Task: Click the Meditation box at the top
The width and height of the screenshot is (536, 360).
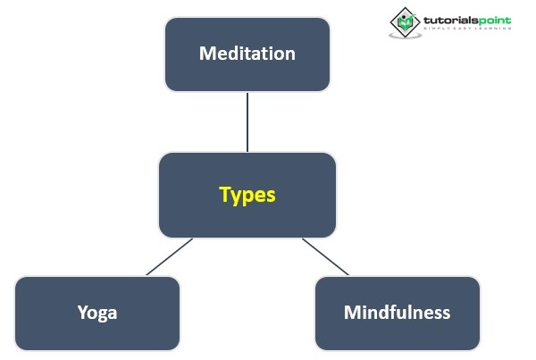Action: click(247, 54)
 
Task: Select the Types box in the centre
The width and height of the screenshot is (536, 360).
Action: click(247, 194)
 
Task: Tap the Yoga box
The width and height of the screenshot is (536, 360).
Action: click(97, 313)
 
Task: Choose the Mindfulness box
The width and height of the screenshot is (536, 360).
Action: click(397, 313)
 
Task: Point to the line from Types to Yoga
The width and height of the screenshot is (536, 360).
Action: click(169, 256)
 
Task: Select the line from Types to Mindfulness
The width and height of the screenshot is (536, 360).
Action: click(325, 256)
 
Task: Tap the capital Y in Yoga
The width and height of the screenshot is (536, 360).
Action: click(82, 313)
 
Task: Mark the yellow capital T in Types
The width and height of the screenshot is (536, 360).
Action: click(225, 194)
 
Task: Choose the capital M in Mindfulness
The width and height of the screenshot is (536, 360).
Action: click(352, 313)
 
